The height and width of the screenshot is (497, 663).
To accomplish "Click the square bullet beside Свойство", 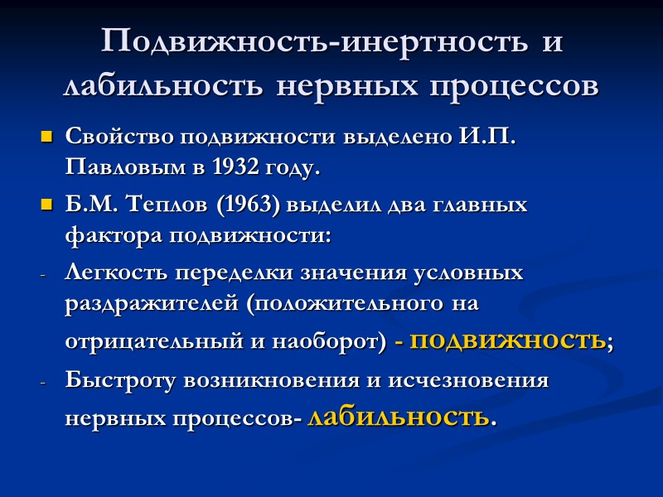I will pyautogui.click(x=46, y=136).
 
